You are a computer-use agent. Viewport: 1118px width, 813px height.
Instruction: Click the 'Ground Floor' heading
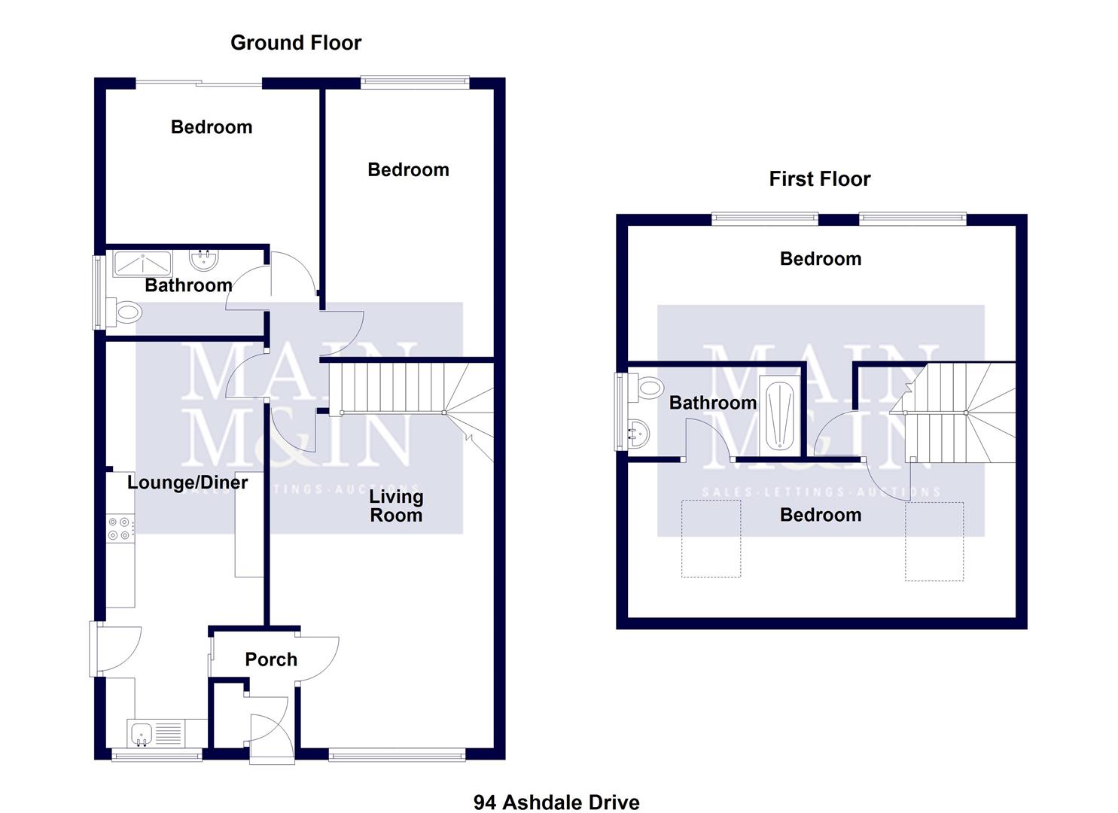(295, 43)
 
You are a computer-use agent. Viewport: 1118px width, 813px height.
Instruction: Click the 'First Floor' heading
(819, 179)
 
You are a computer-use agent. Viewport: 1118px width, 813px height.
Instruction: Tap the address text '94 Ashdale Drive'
(556, 802)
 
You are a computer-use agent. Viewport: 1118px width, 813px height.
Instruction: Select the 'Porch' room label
(271, 659)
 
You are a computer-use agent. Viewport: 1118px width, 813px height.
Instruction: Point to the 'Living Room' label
(396, 506)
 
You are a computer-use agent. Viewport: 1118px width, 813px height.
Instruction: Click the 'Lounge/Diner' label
(187, 483)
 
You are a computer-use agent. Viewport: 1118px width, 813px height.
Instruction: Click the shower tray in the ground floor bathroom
(142, 263)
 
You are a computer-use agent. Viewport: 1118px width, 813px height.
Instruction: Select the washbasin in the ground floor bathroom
(203, 260)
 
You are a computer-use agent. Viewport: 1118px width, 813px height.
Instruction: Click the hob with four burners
(120, 528)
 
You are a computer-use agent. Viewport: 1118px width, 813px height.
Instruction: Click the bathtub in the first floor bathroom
(780, 416)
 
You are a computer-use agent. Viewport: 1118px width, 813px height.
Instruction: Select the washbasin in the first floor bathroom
(637, 433)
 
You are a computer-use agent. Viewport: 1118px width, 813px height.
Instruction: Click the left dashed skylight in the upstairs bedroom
(711, 539)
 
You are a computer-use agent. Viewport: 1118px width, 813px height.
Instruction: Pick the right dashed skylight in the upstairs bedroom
(934, 542)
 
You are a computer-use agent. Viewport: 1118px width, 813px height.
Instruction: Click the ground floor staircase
(407, 388)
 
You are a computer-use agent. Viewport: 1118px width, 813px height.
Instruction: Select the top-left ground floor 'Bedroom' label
(212, 127)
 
